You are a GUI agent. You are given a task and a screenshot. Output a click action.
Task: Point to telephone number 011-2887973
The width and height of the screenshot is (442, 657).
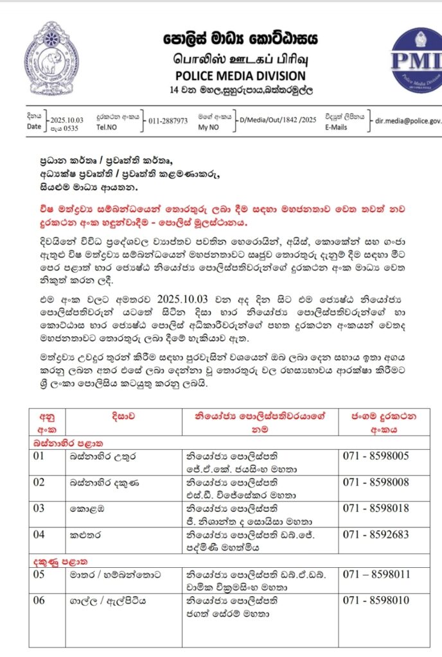[168, 120]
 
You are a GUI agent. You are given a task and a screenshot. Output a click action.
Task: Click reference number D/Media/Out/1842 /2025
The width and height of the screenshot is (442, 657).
[277, 120]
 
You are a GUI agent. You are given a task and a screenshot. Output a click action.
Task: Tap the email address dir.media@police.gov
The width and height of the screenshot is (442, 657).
[408, 120]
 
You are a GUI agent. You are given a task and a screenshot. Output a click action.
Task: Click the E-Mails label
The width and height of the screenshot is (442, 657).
[336, 127]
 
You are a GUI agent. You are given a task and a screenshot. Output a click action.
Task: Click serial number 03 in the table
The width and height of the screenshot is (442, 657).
[40, 508]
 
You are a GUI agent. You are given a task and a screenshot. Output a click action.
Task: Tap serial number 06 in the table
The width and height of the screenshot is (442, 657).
[40, 601]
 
